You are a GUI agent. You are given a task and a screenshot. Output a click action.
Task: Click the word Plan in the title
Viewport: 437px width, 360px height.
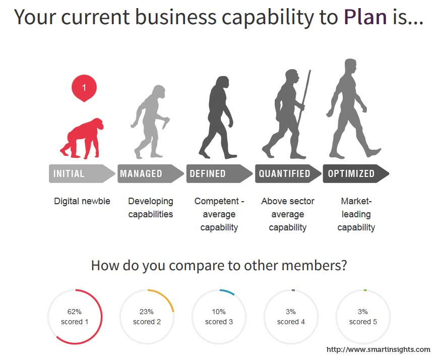pos(365,17)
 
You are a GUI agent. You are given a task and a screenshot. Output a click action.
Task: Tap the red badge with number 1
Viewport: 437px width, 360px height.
pos(84,88)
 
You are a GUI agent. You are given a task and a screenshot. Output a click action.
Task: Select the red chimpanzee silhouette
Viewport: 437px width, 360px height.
pos(82,139)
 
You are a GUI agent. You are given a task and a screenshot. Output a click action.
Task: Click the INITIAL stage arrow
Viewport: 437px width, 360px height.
pos(82,173)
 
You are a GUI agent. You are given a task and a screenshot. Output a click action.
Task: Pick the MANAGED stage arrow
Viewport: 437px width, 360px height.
pos(151,173)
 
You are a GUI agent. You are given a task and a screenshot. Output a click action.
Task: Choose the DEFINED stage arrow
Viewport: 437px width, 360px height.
pos(219,173)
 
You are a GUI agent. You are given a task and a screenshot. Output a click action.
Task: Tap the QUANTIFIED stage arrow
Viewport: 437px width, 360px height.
pos(288,173)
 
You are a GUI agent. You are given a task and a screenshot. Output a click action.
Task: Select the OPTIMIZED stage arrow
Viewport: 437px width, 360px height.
pos(356,173)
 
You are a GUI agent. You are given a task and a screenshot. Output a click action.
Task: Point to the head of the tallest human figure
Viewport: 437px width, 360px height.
pos(350,67)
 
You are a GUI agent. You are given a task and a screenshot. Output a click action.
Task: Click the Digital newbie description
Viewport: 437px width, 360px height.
pos(82,201)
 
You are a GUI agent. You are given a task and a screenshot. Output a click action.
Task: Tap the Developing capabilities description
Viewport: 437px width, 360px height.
pos(151,208)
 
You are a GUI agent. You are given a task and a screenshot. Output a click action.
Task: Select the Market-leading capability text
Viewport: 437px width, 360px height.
pos(356,214)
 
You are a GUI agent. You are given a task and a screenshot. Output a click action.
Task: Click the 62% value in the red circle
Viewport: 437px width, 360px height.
pos(75,312)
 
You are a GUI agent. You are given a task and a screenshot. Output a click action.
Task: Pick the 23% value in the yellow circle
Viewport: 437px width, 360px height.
pos(147,312)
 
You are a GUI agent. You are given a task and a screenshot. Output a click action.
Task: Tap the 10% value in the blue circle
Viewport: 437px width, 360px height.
pos(219,312)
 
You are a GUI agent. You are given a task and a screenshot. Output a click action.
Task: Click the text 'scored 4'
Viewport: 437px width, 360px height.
pos(291,322)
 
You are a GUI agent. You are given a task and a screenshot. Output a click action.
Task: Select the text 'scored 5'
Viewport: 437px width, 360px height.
pos(363,322)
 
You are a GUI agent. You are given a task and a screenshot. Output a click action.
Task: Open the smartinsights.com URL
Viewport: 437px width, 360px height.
pos(379,349)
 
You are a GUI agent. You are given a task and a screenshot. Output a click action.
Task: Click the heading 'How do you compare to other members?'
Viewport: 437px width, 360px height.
pos(219,266)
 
